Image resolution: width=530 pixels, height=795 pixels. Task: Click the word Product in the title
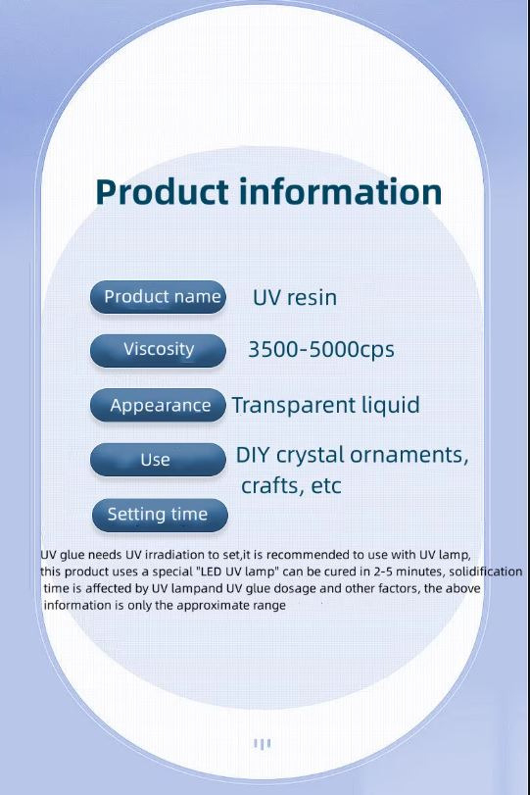[x=162, y=193]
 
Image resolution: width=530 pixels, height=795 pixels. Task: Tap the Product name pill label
[x=158, y=297]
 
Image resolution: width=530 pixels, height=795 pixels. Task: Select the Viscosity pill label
[x=158, y=350]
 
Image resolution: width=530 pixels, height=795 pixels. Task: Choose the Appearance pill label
[x=158, y=405]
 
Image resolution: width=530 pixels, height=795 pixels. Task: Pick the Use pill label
[x=158, y=460]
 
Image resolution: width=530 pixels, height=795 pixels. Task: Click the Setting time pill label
[x=160, y=515]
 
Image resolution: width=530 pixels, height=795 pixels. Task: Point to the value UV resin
[x=295, y=298]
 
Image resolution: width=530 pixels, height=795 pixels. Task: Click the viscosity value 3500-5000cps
[x=321, y=350]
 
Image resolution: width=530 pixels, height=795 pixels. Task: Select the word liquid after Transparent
[x=391, y=405]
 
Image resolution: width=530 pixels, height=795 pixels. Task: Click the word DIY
[x=253, y=455]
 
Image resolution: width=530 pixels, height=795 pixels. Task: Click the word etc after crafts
[x=326, y=486]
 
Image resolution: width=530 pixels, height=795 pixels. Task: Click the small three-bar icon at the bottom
[x=262, y=744]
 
